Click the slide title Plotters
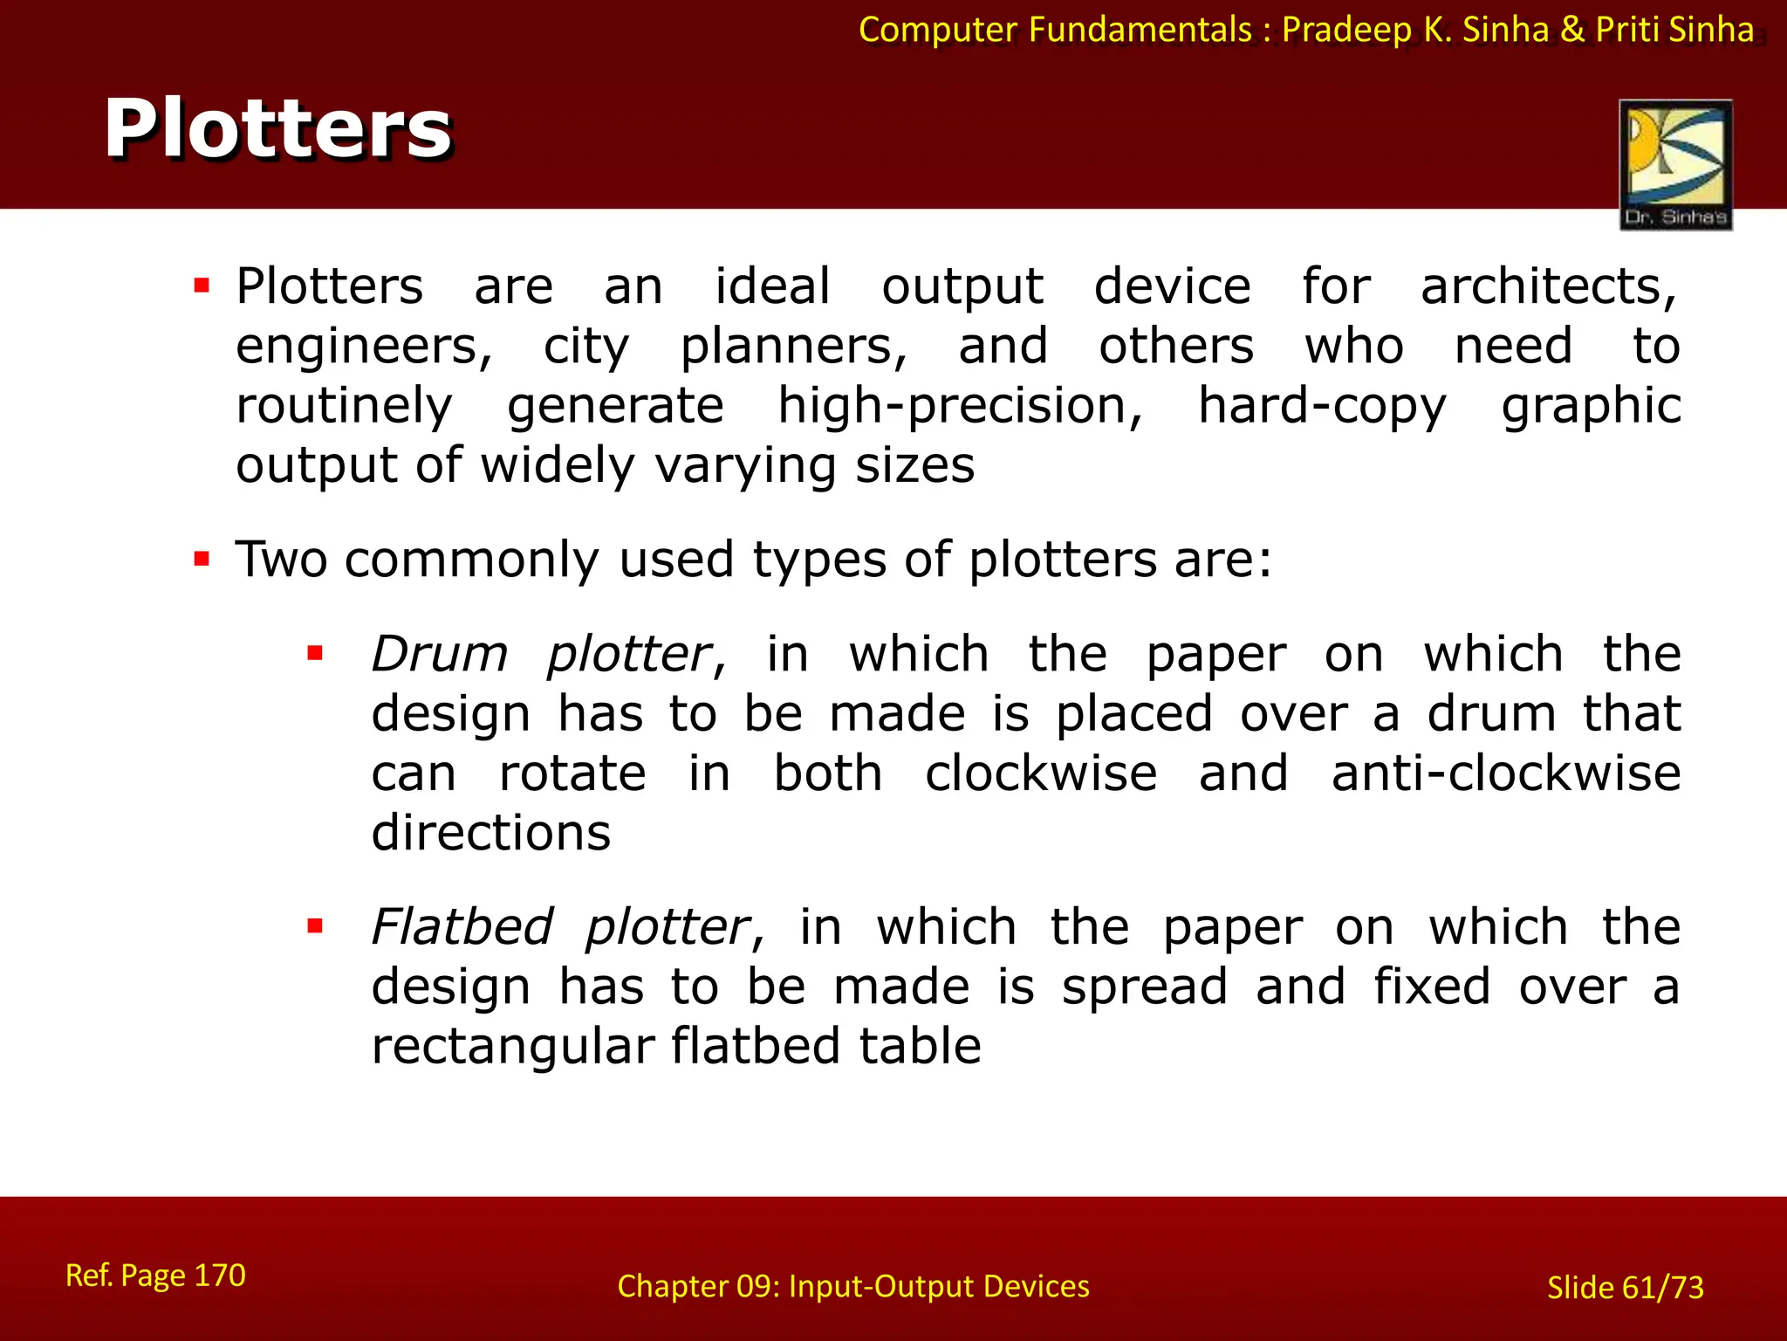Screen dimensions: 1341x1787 (x=277, y=129)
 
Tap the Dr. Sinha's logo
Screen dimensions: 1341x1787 (x=1675, y=164)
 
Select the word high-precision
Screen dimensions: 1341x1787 (x=960, y=407)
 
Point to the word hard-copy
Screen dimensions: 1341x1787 (x=1322, y=407)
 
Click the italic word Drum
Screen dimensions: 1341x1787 (x=440, y=654)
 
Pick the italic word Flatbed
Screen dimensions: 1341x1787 (x=462, y=926)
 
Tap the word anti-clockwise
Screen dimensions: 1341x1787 (x=1505, y=774)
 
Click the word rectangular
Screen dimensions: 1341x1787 (x=513, y=1047)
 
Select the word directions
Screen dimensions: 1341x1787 (x=491, y=833)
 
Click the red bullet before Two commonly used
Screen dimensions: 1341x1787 (x=202, y=559)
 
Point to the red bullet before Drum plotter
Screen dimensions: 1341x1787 (x=315, y=653)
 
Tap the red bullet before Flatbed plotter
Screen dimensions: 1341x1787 (x=315, y=926)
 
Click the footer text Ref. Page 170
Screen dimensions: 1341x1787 (x=155, y=1276)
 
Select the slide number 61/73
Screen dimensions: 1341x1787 (x=1662, y=1288)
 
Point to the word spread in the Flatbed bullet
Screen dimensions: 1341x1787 (x=1144, y=987)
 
